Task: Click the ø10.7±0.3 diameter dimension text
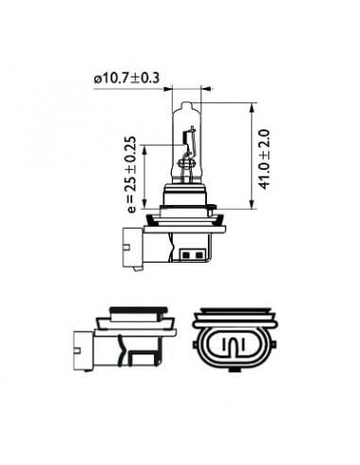pos(127,78)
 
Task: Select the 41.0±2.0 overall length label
pos(264,159)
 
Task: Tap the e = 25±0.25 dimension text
pos(132,175)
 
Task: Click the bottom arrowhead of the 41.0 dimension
pos(251,204)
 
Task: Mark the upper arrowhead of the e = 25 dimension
pos(145,149)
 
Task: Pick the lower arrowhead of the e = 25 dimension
pos(145,204)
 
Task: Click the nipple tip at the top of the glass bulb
pos(187,104)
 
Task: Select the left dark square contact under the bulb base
pos(185,254)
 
